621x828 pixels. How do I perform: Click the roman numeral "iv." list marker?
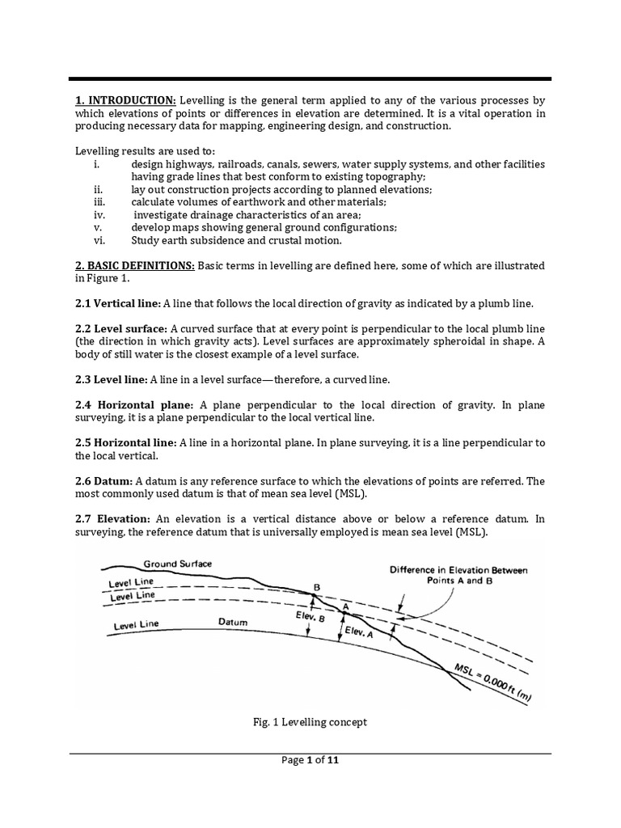click(x=100, y=215)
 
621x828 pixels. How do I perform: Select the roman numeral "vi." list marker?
click(x=99, y=240)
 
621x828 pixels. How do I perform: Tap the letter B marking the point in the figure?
click(x=315, y=586)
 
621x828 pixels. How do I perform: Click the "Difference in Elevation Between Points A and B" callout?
click(x=458, y=575)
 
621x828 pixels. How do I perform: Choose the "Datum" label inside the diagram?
click(x=233, y=622)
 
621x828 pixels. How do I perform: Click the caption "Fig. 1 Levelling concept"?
click(x=310, y=722)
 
